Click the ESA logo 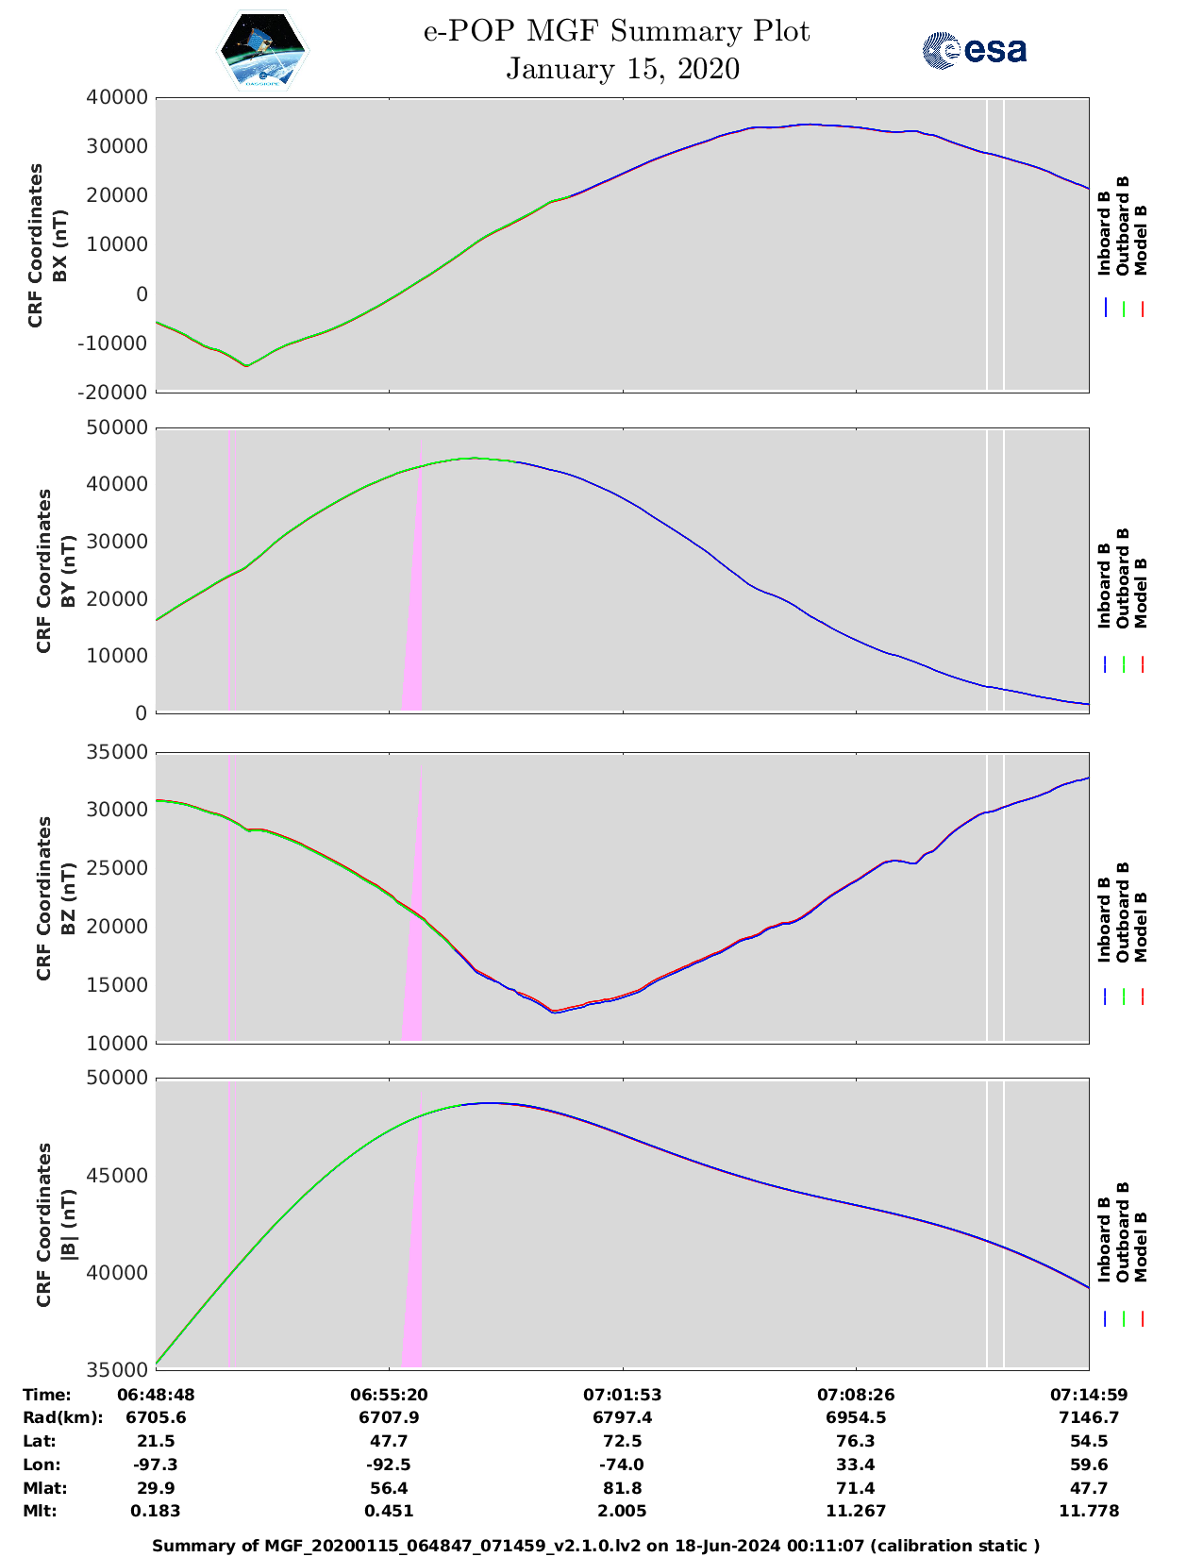tap(974, 50)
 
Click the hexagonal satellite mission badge tap(263, 50)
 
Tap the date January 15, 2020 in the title tap(622, 69)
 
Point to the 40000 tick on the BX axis tap(117, 97)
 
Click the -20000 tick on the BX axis tap(117, 392)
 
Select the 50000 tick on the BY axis tap(117, 427)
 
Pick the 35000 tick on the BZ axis tap(117, 752)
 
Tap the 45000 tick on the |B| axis tap(117, 1176)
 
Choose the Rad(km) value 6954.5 tap(855, 1417)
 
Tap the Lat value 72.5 tap(621, 1441)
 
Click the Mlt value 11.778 tap(1088, 1511)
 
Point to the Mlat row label tap(42, 1488)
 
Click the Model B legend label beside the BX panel tap(1141, 240)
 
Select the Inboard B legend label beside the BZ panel tap(1104, 920)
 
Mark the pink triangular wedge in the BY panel tap(413, 642)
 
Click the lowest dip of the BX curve tap(246, 365)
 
